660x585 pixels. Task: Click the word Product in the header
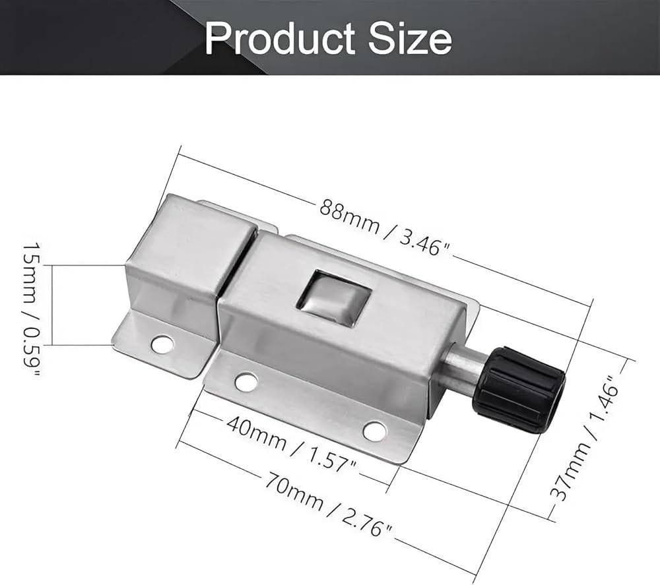pos(280,39)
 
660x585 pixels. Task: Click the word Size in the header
pos(409,39)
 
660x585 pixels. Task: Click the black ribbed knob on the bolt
pos(519,388)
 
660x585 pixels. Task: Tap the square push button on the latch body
pos(332,300)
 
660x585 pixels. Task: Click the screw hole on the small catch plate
pos(162,344)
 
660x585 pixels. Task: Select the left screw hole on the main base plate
pos(246,381)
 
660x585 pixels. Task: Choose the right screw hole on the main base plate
pos(374,431)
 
